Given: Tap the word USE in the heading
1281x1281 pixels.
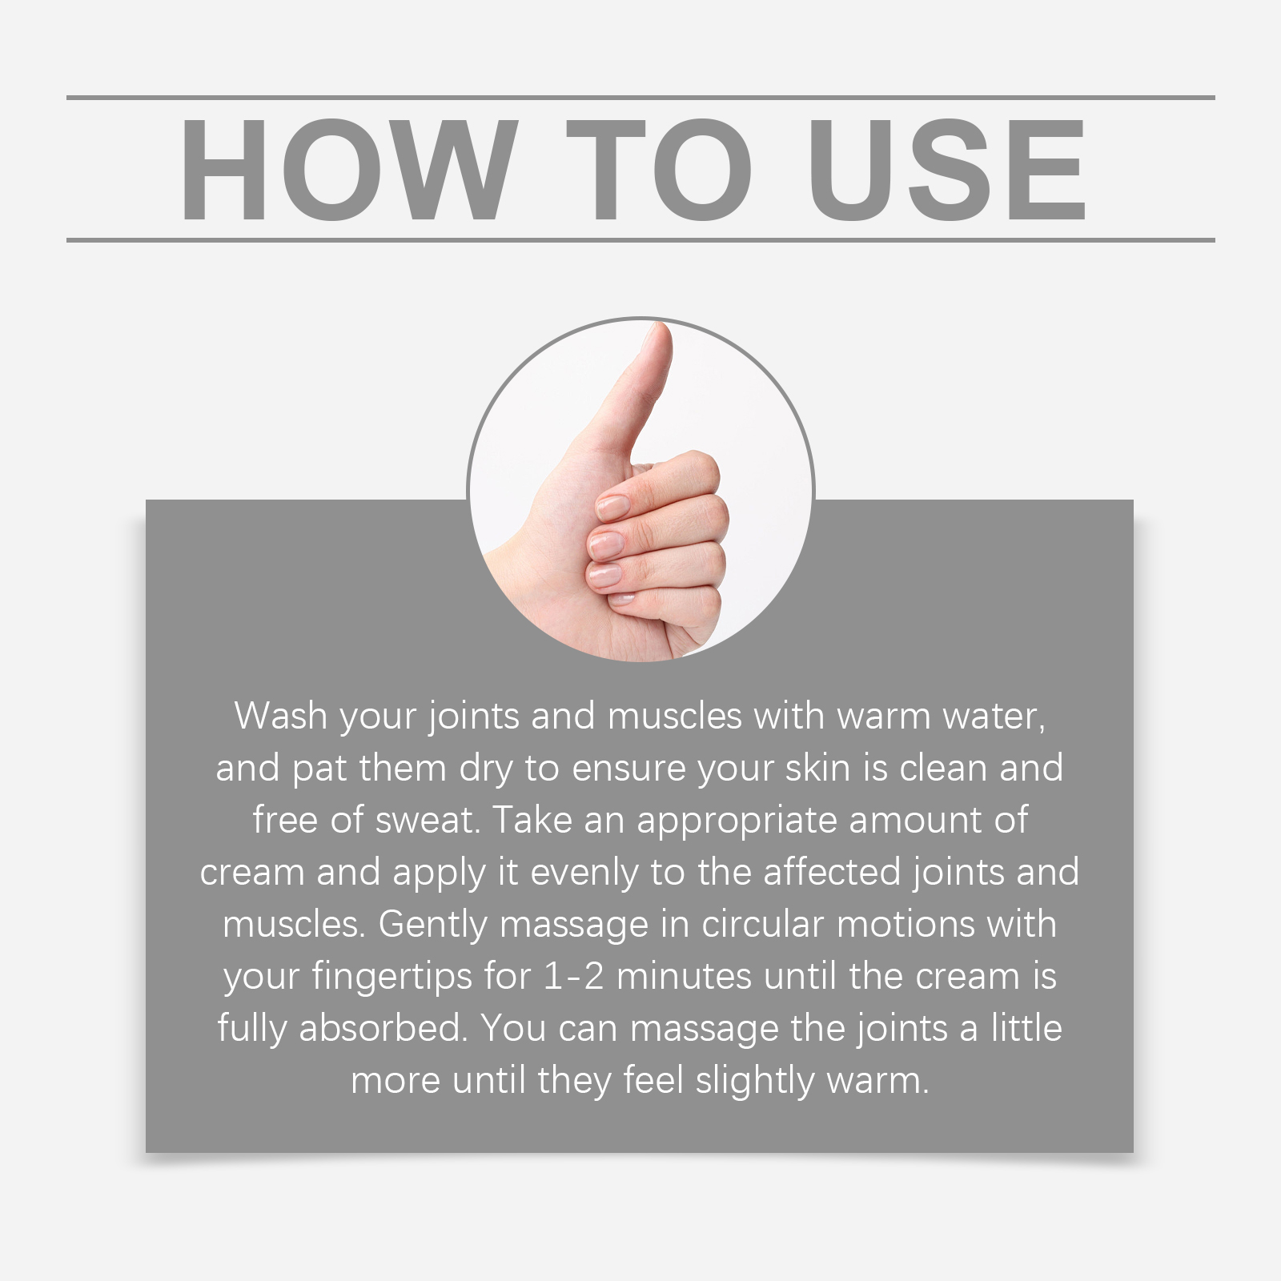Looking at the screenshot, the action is (x=947, y=170).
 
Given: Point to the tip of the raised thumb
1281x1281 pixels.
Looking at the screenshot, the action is (x=660, y=327).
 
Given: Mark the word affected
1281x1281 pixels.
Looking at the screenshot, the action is (x=832, y=871).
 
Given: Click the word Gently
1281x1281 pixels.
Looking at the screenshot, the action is (x=432, y=925).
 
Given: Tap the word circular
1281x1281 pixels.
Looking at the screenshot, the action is (x=762, y=924).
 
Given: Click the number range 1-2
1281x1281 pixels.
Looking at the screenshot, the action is (x=573, y=977).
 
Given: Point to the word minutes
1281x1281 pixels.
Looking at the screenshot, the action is (x=685, y=977).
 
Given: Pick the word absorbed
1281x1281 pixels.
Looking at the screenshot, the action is (x=383, y=1028).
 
